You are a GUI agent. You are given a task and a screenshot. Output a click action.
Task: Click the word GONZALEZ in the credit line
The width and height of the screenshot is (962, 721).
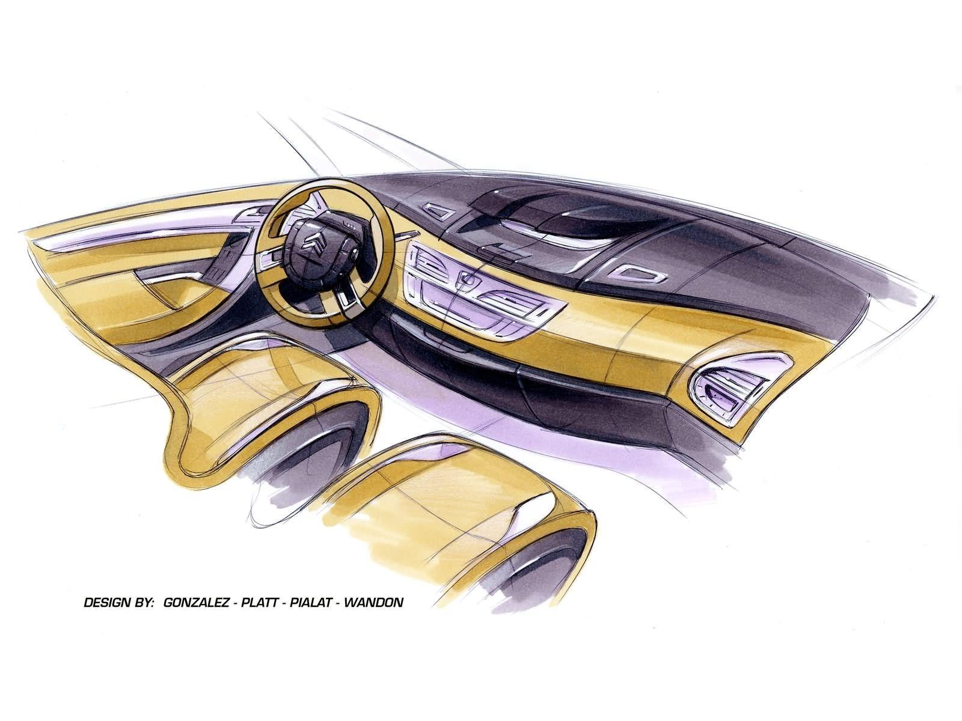[x=197, y=603]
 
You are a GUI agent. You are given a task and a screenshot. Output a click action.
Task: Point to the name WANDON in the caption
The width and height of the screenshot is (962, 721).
[x=373, y=603]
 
